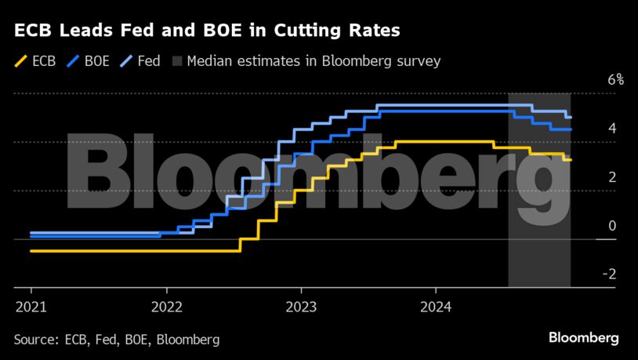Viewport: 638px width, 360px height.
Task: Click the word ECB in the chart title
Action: (x=32, y=31)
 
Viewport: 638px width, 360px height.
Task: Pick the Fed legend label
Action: (x=148, y=60)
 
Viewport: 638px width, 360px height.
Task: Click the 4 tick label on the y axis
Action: (x=611, y=128)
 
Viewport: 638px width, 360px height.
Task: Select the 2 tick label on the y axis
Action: (x=611, y=176)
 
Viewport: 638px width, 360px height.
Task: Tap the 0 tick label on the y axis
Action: (x=611, y=226)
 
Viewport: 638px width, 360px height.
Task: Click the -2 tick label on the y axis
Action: (x=609, y=274)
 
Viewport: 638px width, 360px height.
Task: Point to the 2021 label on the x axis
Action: (x=31, y=305)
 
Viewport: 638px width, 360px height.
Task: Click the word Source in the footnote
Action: (x=34, y=339)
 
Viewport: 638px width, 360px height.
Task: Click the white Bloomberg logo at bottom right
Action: (x=582, y=338)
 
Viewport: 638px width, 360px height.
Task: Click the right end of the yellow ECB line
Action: (x=571, y=160)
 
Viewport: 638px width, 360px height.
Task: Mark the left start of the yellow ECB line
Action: (x=31, y=251)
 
